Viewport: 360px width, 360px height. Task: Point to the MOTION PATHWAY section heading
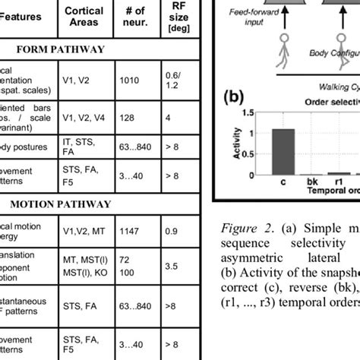point(60,204)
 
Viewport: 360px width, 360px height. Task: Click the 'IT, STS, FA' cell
point(84,147)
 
